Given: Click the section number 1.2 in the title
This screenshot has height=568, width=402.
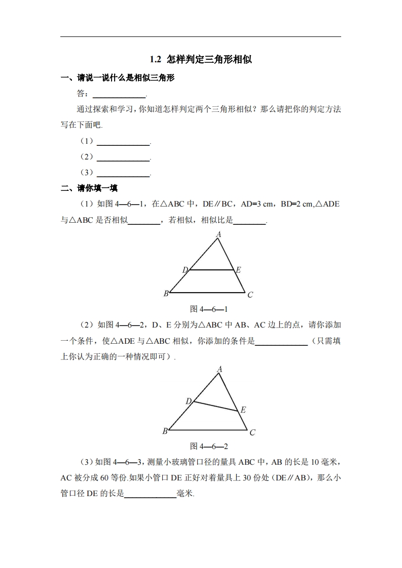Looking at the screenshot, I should click(155, 60).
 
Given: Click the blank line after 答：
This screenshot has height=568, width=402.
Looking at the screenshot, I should click(119, 95).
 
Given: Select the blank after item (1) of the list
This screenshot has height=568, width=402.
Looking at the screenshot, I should click(123, 142).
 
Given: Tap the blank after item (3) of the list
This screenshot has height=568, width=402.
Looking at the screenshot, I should click(123, 173).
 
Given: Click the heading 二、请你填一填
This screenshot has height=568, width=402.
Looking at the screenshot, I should click(89, 188).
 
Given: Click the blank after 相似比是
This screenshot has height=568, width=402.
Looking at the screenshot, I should click(250, 221).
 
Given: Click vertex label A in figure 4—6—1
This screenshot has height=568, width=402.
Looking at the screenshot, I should click(218, 234).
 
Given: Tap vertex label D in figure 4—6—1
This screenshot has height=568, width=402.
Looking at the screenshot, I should click(185, 270).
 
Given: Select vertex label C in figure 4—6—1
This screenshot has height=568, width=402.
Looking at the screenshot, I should click(250, 295).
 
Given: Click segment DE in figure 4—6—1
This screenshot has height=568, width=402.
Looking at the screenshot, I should click(212, 270).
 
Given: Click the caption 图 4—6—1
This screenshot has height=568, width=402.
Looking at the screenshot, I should click(208, 309).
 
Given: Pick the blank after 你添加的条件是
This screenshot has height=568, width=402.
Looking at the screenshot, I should click(281, 342).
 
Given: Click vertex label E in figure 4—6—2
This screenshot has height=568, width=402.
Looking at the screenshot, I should click(243, 410).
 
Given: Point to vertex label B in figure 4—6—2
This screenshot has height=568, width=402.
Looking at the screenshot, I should click(165, 431).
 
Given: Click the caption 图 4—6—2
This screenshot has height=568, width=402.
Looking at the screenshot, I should click(208, 446).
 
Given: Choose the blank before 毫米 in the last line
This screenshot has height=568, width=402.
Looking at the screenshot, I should click(150, 494).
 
